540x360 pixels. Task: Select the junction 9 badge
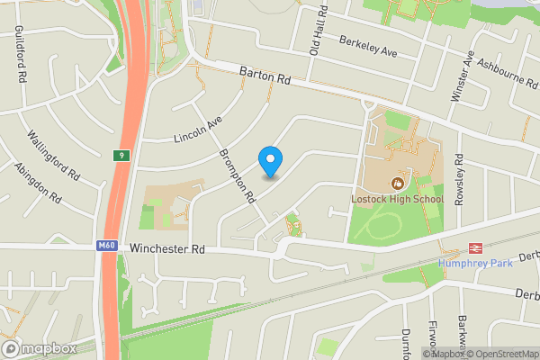121,156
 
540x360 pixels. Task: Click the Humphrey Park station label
474,263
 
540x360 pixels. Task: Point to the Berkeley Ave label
368,47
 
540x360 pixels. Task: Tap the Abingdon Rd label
37,184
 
